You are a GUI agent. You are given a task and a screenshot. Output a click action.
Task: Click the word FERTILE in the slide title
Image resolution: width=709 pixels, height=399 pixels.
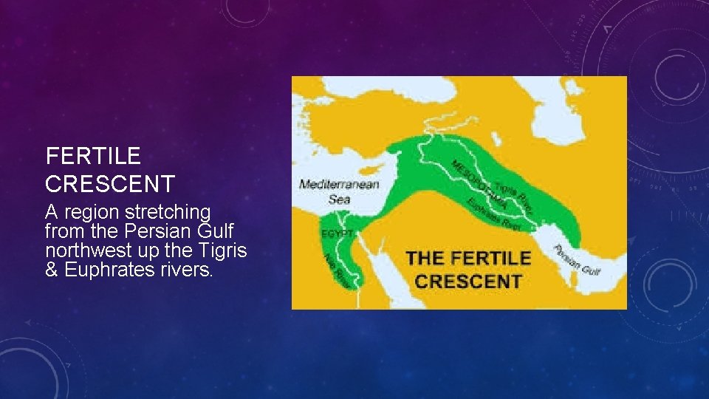pyautogui.click(x=93, y=156)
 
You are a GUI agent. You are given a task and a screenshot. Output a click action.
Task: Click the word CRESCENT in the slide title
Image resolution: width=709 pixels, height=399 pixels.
pyautogui.click(x=110, y=183)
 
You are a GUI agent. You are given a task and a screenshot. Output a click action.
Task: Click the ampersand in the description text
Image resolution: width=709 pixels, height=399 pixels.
pyautogui.click(x=52, y=270)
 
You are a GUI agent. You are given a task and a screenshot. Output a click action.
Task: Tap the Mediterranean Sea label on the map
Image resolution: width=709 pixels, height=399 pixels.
pyautogui.click(x=339, y=191)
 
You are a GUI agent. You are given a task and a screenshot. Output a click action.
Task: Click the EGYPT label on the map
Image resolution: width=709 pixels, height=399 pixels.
pyautogui.click(x=338, y=233)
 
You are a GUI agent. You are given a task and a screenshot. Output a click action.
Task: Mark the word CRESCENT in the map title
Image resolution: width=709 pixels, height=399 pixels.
pyautogui.click(x=467, y=281)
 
